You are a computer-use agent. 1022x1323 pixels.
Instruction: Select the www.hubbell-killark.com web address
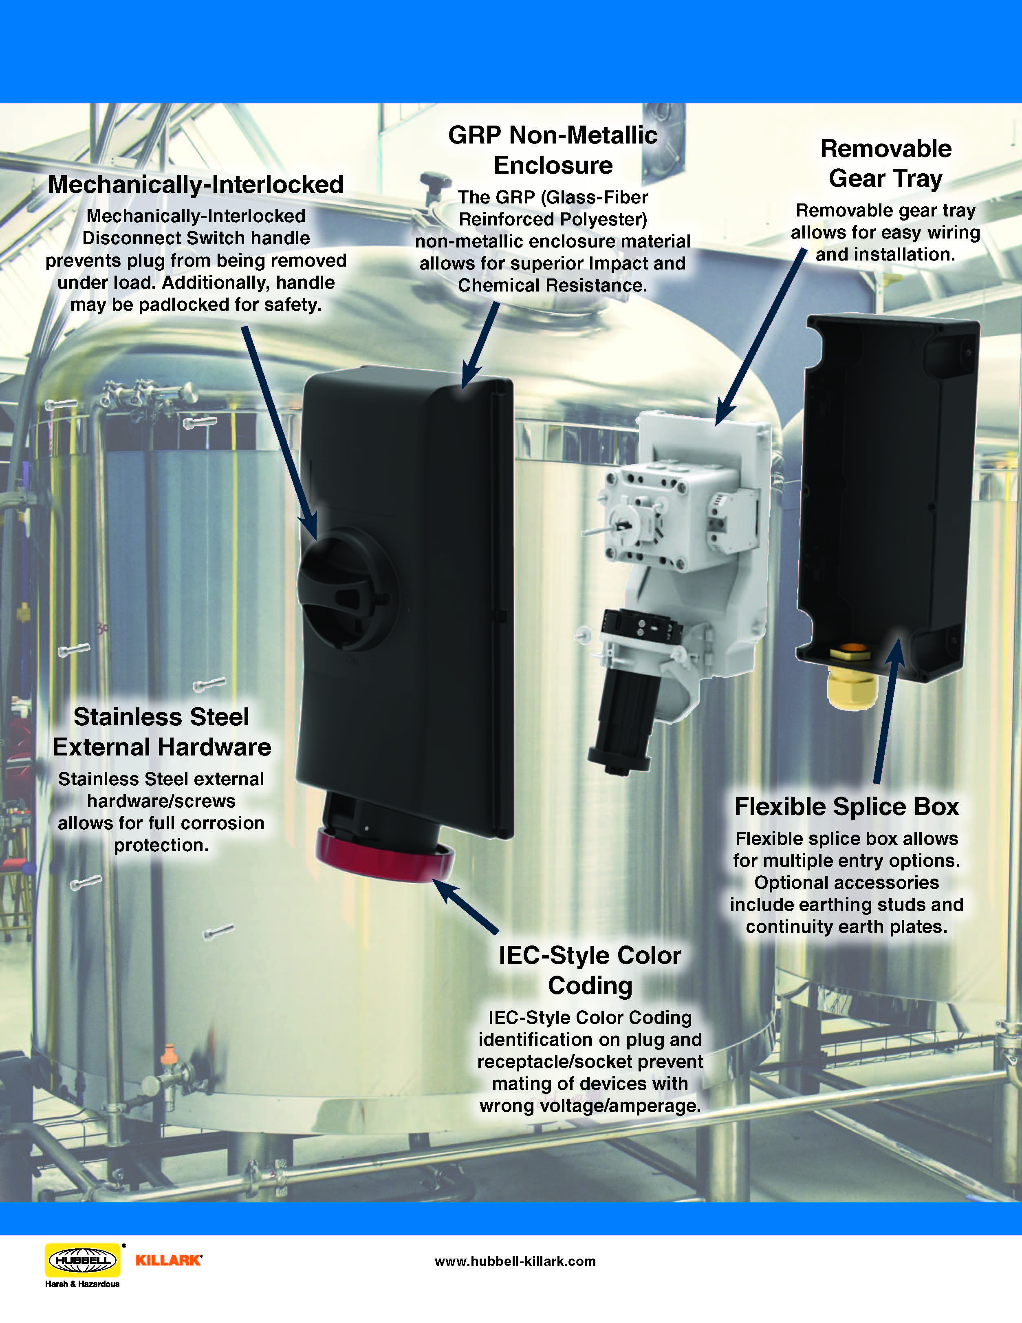click(x=515, y=1261)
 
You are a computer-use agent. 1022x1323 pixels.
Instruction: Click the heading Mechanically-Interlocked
click(x=196, y=185)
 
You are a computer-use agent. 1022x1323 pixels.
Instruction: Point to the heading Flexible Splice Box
click(x=846, y=807)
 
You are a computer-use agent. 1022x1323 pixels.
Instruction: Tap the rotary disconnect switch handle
click(x=342, y=591)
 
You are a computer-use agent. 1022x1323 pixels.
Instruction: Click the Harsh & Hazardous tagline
click(x=82, y=1283)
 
